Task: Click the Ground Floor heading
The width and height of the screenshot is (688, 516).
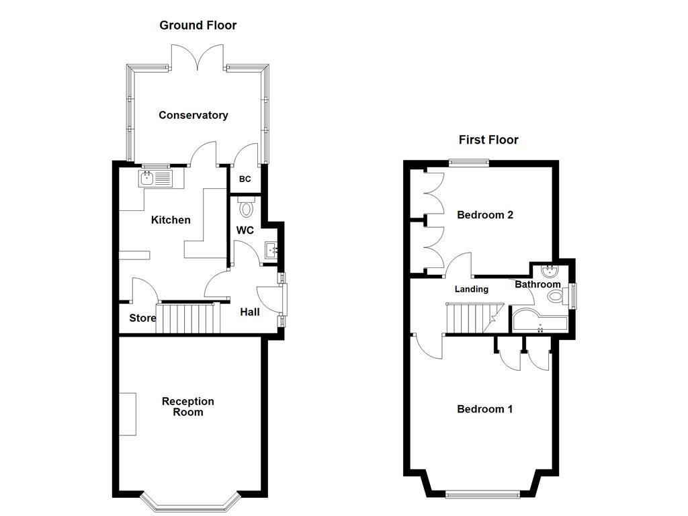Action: [x=198, y=26]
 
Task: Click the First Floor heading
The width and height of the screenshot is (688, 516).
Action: [x=488, y=140]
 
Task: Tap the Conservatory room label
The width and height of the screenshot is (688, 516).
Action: [x=193, y=115]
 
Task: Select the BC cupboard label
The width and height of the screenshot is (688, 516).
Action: [x=245, y=179]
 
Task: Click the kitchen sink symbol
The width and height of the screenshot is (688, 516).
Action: [x=156, y=178]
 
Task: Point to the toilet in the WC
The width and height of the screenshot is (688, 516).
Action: [x=247, y=208]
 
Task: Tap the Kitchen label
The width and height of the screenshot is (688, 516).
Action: [x=171, y=220]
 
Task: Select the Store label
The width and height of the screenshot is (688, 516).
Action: [x=142, y=318]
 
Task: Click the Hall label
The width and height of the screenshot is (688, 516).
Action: [x=250, y=312]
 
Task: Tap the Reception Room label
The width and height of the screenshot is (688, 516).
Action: [x=188, y=406]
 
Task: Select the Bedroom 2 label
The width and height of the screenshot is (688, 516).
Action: [x=485, y=215]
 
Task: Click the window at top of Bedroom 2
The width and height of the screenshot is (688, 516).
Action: [x=469, y=161]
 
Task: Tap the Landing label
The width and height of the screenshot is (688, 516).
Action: [x=472, y=289]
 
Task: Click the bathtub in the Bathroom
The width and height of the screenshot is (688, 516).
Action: [x=540, y=321]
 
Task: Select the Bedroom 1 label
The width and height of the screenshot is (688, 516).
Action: [x=485, y=408]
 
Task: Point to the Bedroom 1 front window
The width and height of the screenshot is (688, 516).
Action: [x=482, y=495]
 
